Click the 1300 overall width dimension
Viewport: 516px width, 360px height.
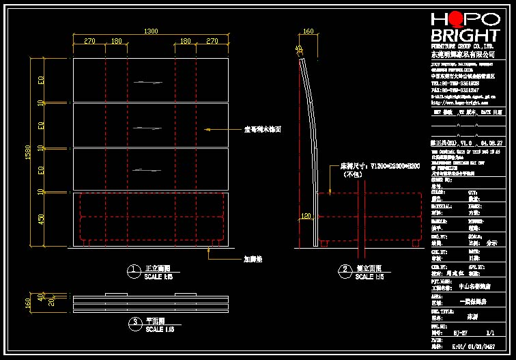pyautogui.click(x=150, y=31)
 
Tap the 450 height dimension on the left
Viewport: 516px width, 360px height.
pyautogui.click(x=41, y=219)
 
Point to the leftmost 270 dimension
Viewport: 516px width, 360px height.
pyautogui.click(x=89, y=42)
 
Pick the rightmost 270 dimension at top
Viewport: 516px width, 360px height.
pyautogui.click(x=212, y=42)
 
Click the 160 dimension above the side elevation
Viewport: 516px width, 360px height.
pyautogui.click(x=308, y=31)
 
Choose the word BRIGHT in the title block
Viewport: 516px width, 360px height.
pyautogui.click(x=464, y=36)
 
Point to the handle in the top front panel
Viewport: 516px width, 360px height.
pyautogui.click(x=149, y=83)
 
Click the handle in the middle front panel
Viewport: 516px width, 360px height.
pyautogui.click(x=149, y=127)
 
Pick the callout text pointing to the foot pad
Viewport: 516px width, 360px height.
pyautogui.click(x=253, y=260)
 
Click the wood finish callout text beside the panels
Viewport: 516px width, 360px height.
pyautogui.click(x=263, y=128)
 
